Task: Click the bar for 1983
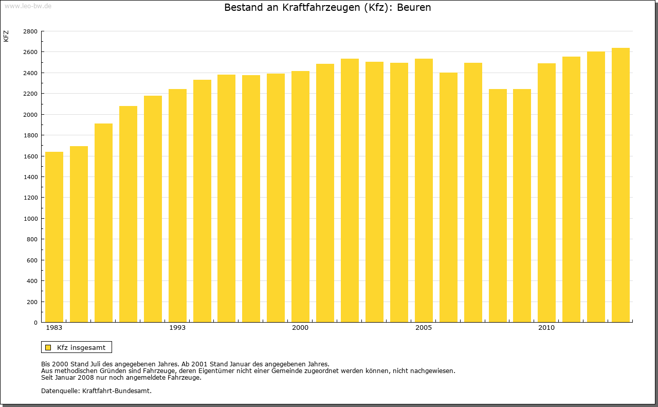click(54, 237)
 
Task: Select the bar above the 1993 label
click(177, 206)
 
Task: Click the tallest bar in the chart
click(620, 185)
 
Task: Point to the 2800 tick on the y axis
click(30, 31)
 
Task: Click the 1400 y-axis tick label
click(30, 177)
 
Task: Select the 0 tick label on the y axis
click(35, 323)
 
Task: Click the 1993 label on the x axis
click(177, 328)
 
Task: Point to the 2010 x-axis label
click(546, 328)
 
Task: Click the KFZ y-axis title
click(6, 36)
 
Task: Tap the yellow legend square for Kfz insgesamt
click(48, 347)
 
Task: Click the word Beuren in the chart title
click(414, 8)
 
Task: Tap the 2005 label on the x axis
click(424, 328)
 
